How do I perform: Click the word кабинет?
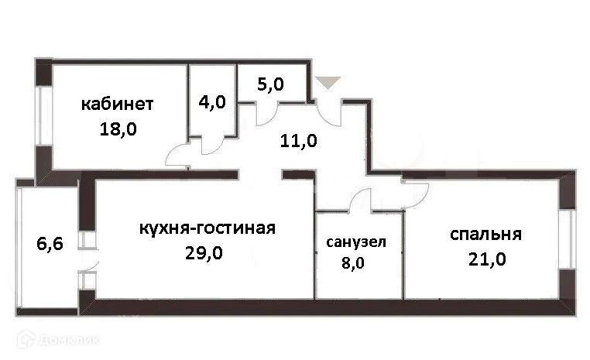[117, 104]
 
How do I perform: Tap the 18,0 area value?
[118, 129]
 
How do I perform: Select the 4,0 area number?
[212, 102]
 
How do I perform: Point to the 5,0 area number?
[269, 83]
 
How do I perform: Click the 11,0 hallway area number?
[298, 141]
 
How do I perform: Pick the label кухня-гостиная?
[208, 228]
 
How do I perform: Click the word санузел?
[355, 242]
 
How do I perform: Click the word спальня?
[485, 234]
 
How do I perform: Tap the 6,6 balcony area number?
[50, 245]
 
